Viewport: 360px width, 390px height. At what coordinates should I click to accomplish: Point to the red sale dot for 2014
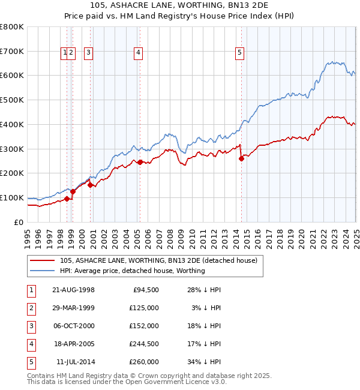pyautogui.click(x=241, y=158)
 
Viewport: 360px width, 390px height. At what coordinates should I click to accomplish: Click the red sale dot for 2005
pyautogui.click(x=140, y=162)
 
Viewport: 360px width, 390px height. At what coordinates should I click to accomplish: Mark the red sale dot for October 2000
pyautogui.click(x=91, y=185)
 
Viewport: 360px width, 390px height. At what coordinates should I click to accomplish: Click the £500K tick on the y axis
pyautogui.click(x=12, y=100)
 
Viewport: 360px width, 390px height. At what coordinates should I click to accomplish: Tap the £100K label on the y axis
pyautogui.click(x=12, y=197)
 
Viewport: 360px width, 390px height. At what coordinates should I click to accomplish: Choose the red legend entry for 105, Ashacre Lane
pyautogui.click(x=158, y=260)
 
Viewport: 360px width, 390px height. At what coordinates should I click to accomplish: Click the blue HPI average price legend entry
pyautogui.click(x=132, y=271)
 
